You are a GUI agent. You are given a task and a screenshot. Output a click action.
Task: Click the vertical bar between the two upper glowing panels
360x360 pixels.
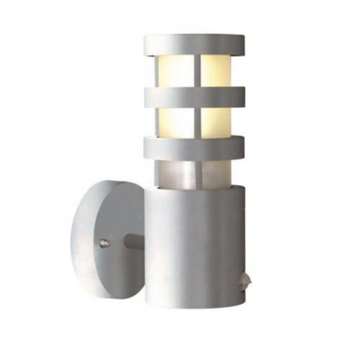pos(196,70)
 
